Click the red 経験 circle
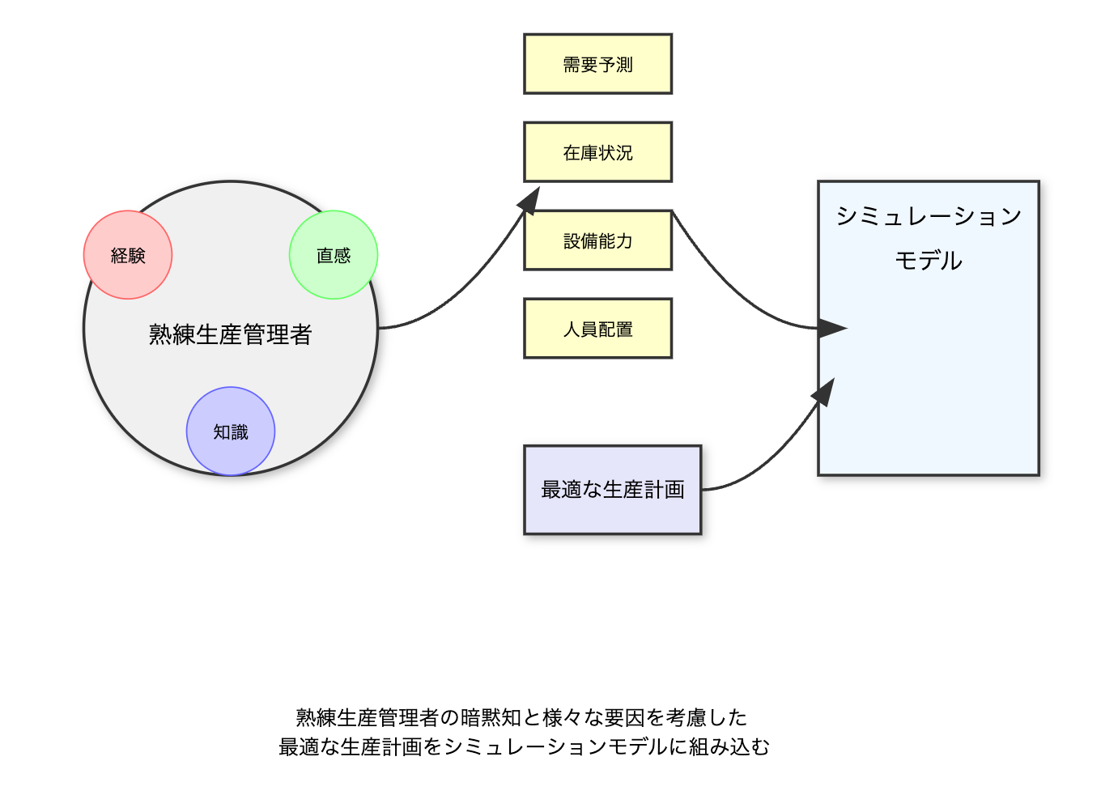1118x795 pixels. (128, 255)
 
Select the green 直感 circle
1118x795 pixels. (334, 255)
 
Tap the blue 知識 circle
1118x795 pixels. (231, 432)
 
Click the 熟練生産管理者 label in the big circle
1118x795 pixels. (230, 334)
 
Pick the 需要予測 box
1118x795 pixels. (598, 64)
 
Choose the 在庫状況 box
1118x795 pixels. (598, 152)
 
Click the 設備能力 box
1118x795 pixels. (598, 240)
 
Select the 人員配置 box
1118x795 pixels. (598, 329)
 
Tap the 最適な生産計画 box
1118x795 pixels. (613, 490)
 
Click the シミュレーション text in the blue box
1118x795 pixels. (929, 216)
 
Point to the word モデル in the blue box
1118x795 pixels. (929, 261)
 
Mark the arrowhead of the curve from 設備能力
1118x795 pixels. (832, 329)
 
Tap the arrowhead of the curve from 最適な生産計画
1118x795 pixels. (824, 392)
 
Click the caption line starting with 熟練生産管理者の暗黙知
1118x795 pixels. (521, 717)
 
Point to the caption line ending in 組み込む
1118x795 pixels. (524, 747)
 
